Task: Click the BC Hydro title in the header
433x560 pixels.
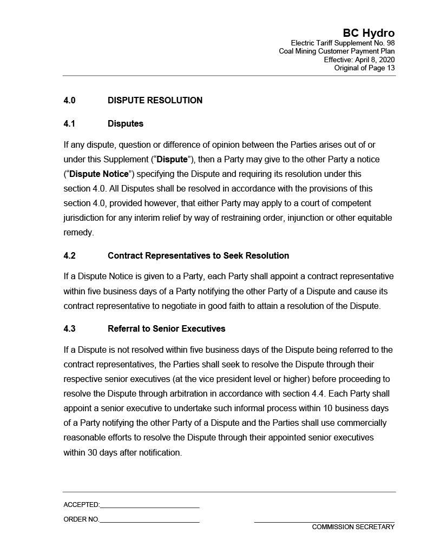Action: click(x=368, y=34)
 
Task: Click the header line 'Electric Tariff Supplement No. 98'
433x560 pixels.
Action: click(x=343, y=43)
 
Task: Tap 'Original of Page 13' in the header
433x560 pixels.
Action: click(x=364, y=68)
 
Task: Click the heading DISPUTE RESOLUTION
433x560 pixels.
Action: click(x=155, y=101)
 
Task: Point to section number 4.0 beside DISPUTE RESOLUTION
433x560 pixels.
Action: click(x=69, y=101)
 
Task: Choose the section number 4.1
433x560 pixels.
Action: click(x=69, y=124)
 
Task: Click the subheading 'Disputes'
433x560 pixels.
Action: click(x=126, y=124)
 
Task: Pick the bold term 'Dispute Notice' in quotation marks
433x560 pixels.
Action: click(x=99, y=174)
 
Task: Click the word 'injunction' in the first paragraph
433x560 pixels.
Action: click(x=306, y=218)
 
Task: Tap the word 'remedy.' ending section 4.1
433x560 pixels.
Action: click(x=78, y=233)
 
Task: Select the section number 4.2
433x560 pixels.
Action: click(x=69, y=256)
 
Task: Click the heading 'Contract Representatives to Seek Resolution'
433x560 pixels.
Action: click(x=198, y=256)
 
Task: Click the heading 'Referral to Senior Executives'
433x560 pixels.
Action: click(x=166, y=329)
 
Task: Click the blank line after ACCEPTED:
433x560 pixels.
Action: click(x=149, y=505)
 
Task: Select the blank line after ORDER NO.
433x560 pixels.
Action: click(x=149, y=520)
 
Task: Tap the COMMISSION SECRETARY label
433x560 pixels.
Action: click(x=353, y=527)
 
